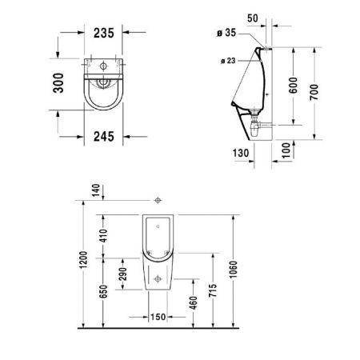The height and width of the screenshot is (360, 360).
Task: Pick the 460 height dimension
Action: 194,304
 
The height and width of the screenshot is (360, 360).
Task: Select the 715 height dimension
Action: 211,290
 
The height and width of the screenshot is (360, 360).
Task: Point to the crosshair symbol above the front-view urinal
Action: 158,198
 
